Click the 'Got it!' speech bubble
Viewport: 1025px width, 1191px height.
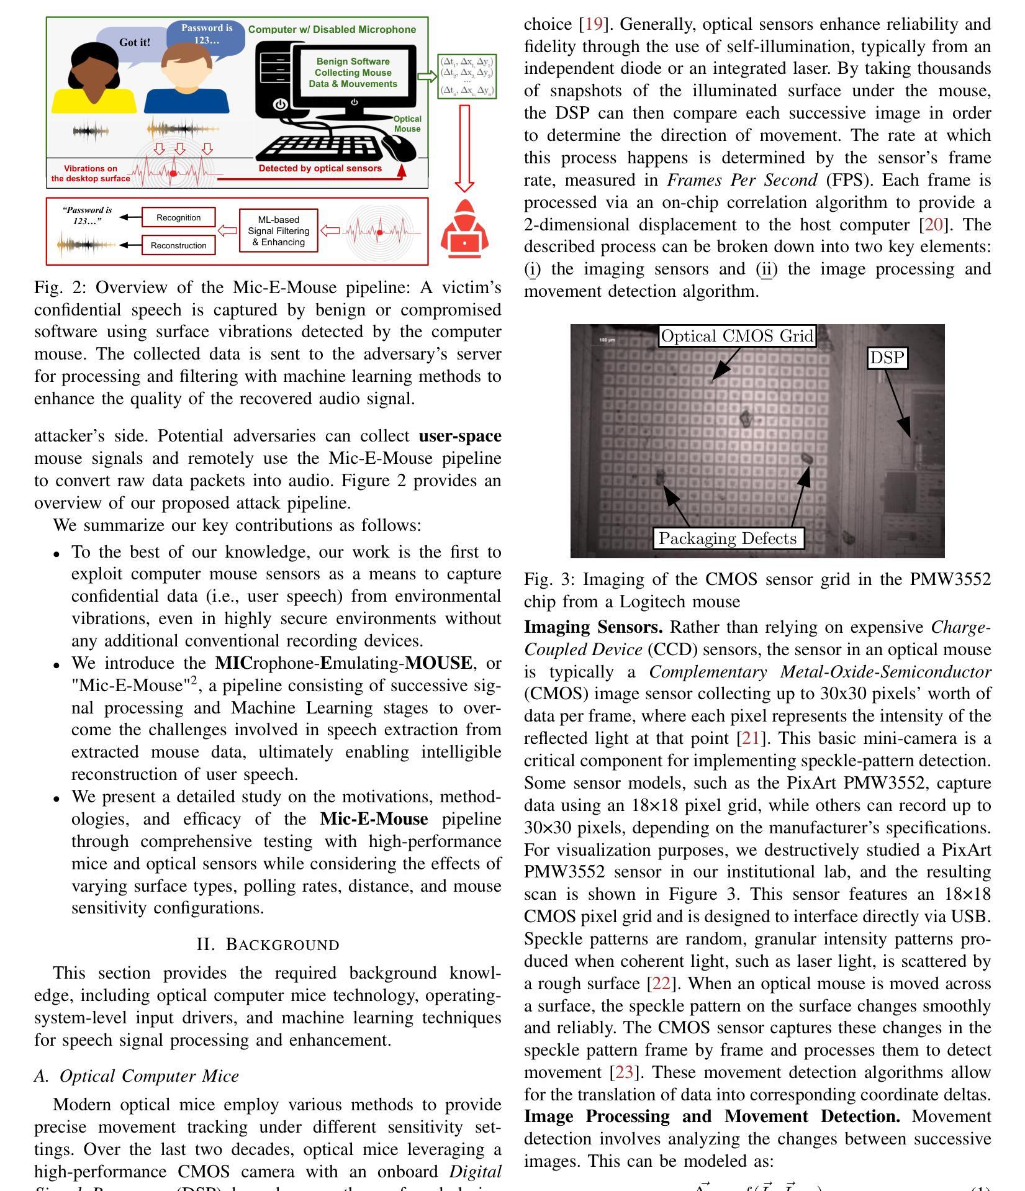click(134, 43)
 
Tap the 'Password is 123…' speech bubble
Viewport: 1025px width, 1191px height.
click(206, 35)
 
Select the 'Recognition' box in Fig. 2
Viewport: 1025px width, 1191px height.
click(178, 217)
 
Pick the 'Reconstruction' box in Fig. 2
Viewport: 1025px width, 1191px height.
click(178, 245)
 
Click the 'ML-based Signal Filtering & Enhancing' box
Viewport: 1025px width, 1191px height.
click(278, 231)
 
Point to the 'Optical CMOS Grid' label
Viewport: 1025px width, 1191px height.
click(737, 336)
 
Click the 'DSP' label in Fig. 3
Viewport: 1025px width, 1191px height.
click(887, 358)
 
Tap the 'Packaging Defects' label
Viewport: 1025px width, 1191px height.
click(728, 538)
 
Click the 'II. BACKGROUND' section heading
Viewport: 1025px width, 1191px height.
click(268, 944)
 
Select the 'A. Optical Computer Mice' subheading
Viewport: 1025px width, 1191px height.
click(137, 1076)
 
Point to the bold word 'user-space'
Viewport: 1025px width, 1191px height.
click(460, 436)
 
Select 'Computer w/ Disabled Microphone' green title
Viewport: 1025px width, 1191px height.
click(332, 29)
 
